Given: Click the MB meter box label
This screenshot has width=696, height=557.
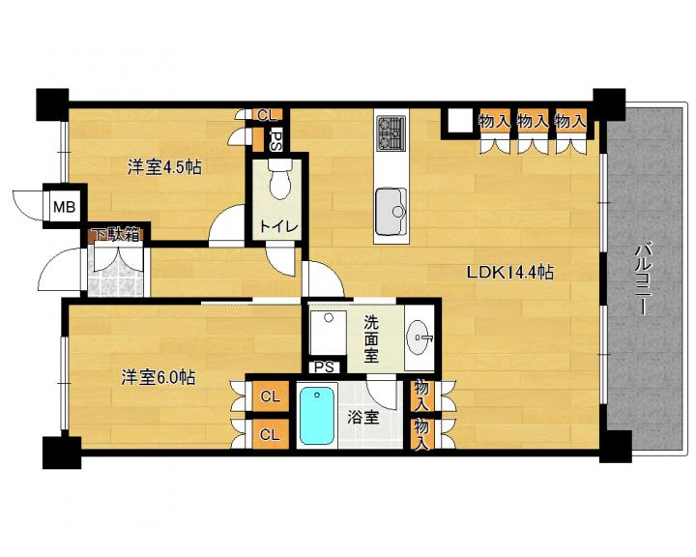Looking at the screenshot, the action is (x=65, y=207).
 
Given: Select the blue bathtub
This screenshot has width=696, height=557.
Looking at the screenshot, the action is (x=316, y=415).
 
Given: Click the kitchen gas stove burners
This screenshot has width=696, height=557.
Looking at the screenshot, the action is (x=391, y=132).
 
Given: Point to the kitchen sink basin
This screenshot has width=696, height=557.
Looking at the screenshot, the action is (x=391, y=212).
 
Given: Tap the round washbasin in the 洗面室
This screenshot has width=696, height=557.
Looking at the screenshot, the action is (x=418, y=337).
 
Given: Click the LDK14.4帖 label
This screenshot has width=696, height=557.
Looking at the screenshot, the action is (x=509, y=273).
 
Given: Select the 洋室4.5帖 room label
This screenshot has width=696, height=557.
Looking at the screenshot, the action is (x=164, y=167).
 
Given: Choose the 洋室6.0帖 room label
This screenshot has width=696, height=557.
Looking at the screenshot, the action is (x=159, y=377).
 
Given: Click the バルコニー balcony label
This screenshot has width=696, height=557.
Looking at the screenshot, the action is (x=642, y=278).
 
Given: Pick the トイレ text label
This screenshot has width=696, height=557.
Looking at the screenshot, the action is (x=278, y=227).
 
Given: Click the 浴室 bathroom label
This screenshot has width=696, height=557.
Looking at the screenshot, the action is (x=363, y=418).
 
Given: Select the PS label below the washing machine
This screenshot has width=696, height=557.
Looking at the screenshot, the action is (x=324, y=367).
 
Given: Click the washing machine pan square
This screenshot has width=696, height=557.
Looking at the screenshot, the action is (x=328, y=333).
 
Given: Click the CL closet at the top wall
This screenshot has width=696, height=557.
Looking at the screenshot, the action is (x=267, y=115).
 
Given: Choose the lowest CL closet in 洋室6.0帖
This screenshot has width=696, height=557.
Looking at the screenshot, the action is (x=271, y=434).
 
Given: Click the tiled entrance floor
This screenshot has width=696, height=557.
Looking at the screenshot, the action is (x=116, y=272).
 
